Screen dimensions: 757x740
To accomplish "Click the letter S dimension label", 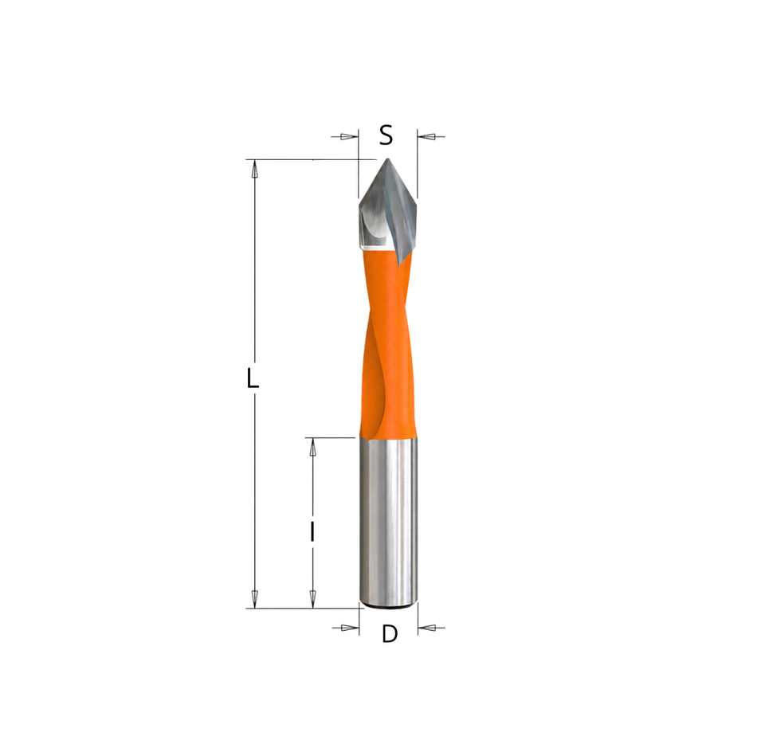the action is pos(386,135).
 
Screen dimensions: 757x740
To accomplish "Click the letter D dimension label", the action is pos(390,634).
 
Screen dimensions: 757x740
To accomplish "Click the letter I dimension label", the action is pos(312,531).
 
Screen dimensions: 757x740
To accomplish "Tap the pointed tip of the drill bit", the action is pos(386,159).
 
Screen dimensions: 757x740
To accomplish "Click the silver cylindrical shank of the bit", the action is pos(389,520).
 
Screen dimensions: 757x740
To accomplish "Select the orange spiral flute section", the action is pos(388,343).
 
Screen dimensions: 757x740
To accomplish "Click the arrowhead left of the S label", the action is pos(349,136).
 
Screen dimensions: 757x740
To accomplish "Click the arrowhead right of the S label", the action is pos(427,136).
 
